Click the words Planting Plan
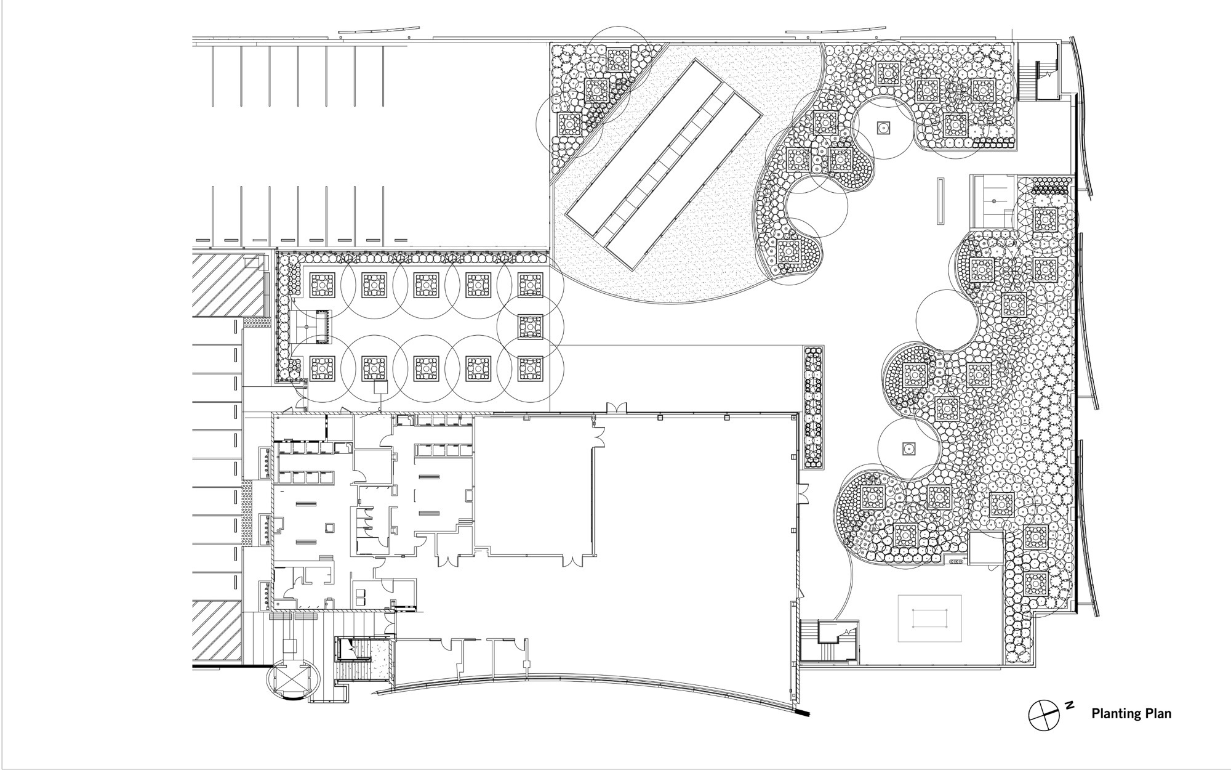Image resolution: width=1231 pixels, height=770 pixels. [x=1131, y=714]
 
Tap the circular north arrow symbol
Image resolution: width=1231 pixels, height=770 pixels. [x=1042, y=715]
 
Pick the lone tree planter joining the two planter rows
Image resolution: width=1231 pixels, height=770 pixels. [x=530, y=326]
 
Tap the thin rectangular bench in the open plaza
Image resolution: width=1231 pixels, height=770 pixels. [x=940, y=201]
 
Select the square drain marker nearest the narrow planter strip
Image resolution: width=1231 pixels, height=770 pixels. [x=908, y=449]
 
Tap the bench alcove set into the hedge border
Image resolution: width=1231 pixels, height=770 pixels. [x=315, y=326]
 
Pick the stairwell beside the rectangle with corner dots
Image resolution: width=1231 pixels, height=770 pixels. [x=828, y=641]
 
